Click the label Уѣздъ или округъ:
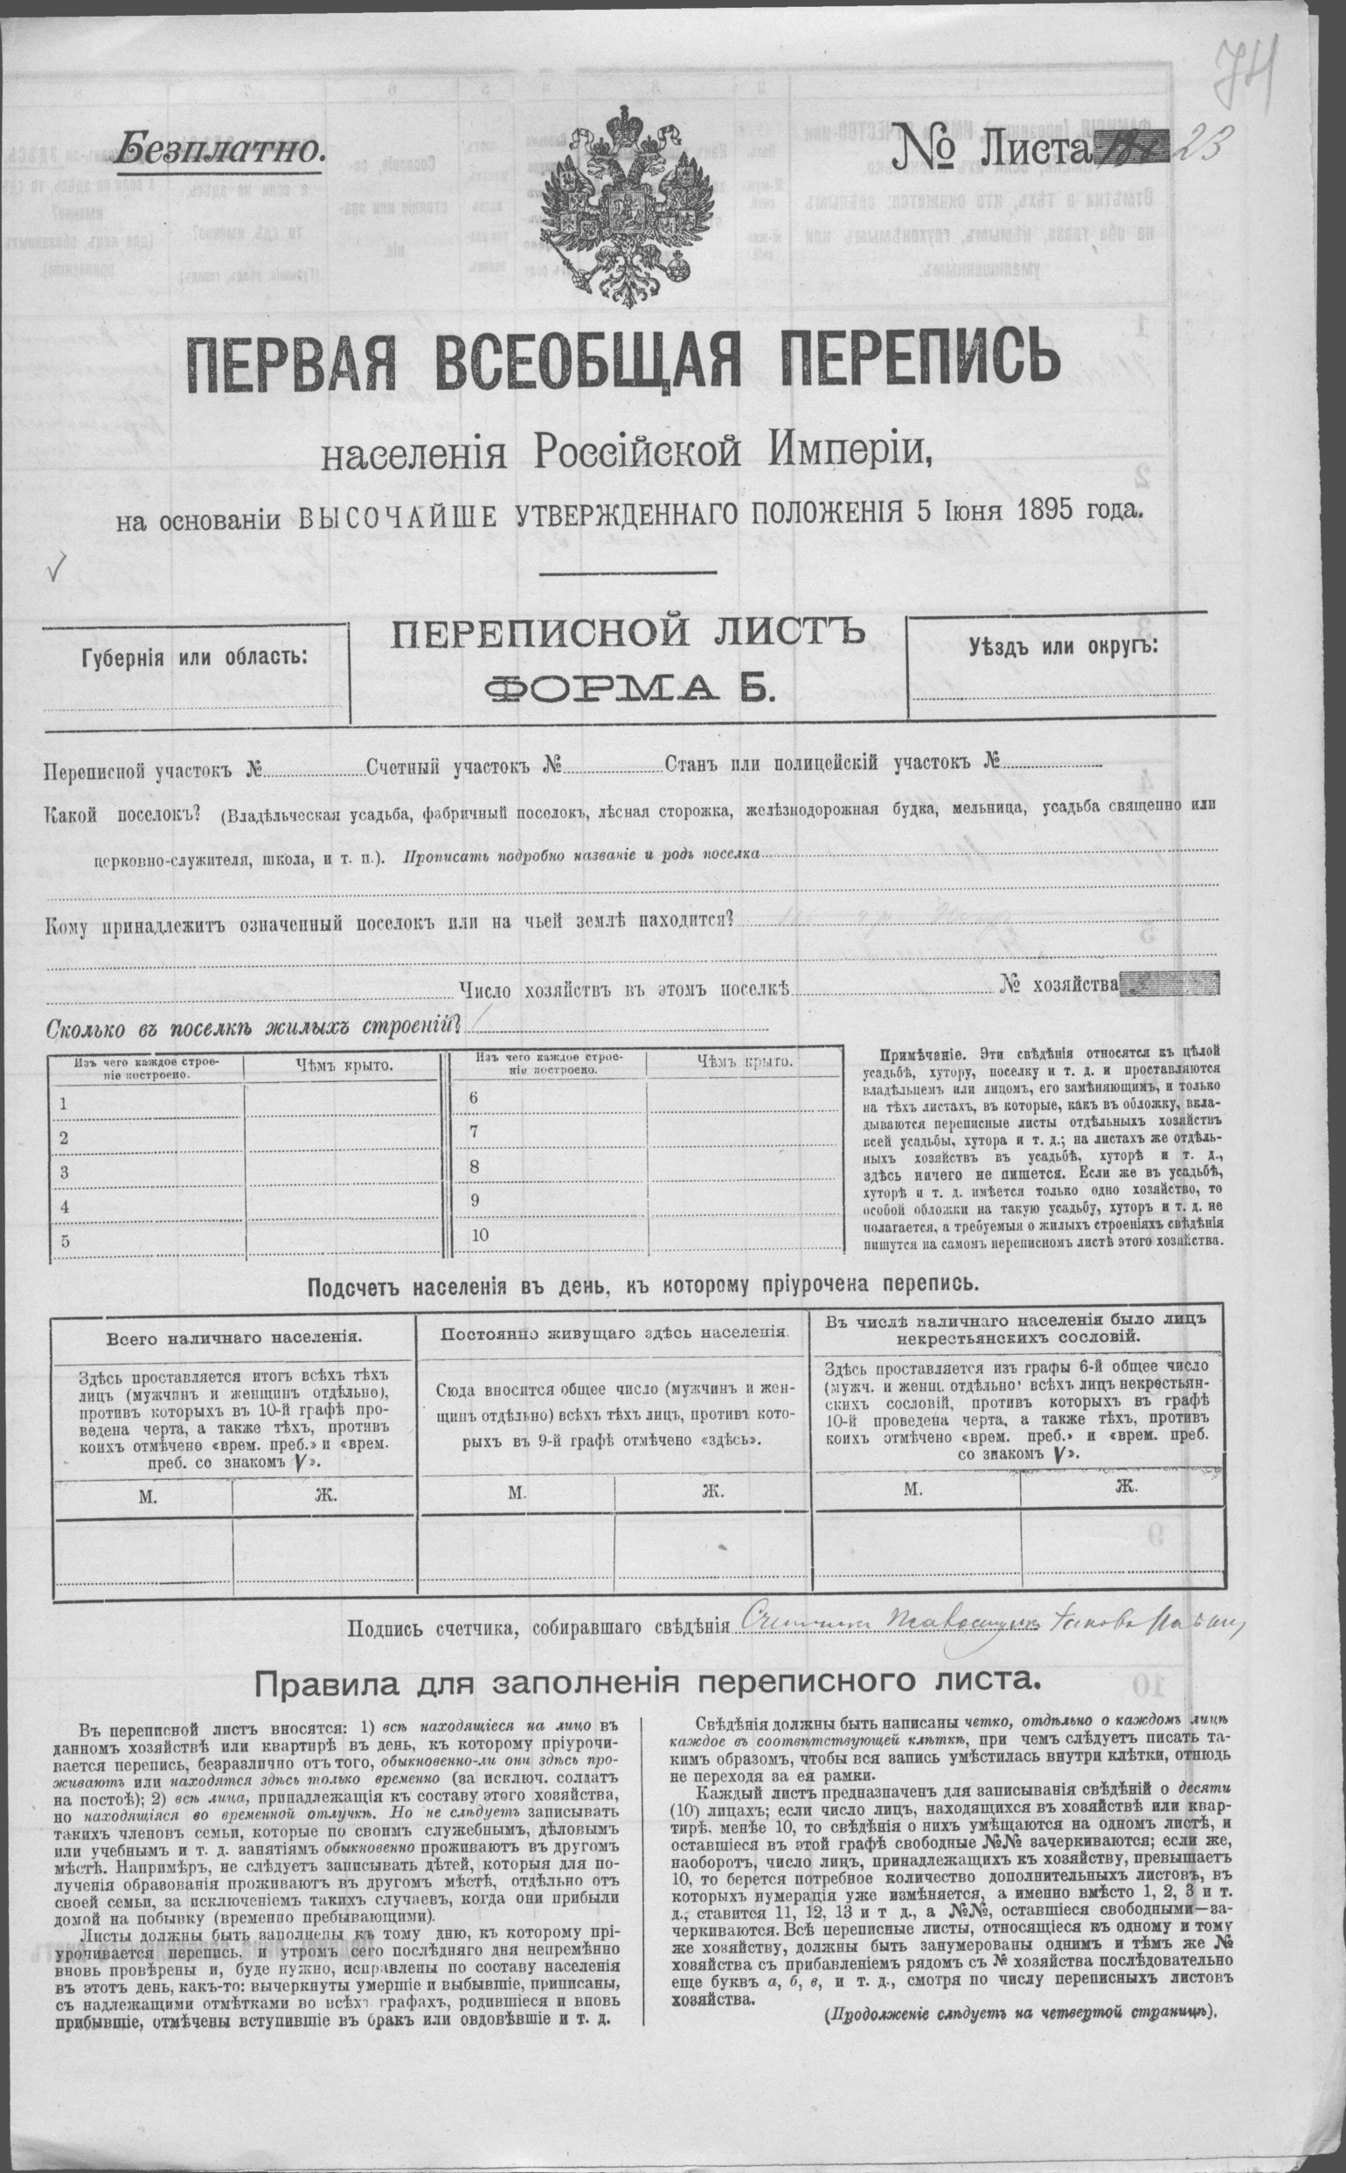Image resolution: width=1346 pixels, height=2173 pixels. (1063, 645)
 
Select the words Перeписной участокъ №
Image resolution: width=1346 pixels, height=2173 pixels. (153, 769)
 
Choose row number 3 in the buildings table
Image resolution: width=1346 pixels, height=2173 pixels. (64, 1172)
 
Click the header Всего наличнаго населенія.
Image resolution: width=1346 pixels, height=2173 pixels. (233, 1337)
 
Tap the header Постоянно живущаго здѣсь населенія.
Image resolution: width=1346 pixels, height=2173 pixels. (614, 1333)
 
